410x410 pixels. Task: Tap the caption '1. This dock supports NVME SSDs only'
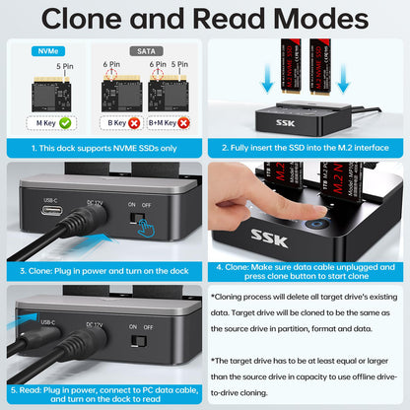(x=102, y=147)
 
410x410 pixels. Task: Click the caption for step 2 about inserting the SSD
(x=307, y=147)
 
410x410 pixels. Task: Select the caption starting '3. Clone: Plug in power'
(x=102, y=267)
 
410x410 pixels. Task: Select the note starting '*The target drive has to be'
(x=307, y=376)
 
